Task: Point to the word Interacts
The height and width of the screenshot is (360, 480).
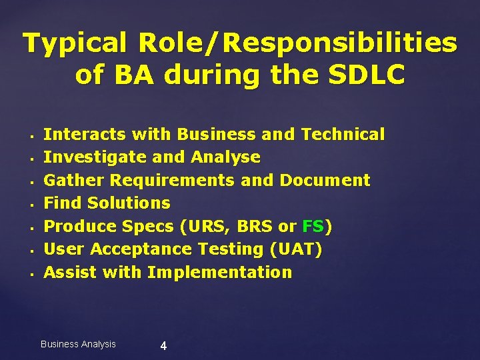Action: click(85, 134)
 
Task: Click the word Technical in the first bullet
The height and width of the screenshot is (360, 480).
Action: click(343, 134)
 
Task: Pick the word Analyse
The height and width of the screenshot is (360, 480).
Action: click(225, 157)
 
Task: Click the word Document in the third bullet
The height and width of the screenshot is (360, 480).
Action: click(325, 180)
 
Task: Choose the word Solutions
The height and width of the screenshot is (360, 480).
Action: click(129, 203)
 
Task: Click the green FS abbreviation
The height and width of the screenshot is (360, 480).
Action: click(313, 226)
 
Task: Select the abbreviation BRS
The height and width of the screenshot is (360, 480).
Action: click(254, 226)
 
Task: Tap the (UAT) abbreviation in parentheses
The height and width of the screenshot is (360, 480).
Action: click(295, 249)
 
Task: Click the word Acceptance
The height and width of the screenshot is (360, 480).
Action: click(131, 249)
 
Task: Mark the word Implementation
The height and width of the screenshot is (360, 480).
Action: click(219, 272)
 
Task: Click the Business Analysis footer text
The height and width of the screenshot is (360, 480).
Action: click(78, 344)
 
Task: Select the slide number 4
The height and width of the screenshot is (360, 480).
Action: click(164, 345)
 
